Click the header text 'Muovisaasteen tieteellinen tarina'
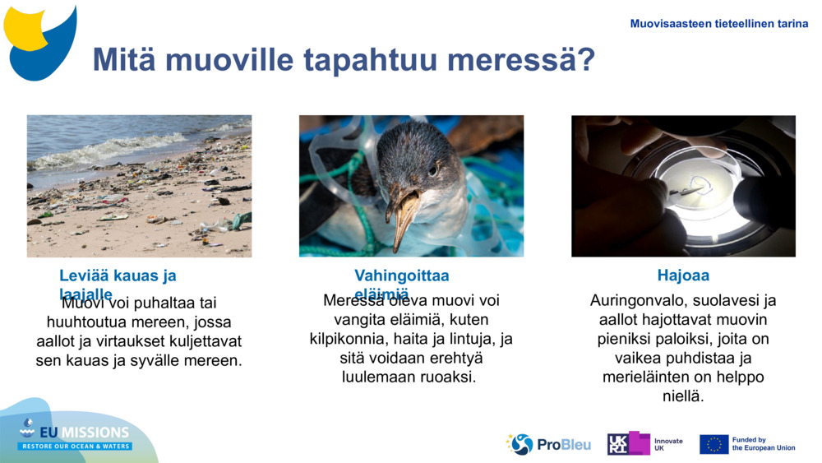coord(718,24)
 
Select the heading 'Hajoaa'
coord(683,275)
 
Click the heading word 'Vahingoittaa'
coord(401,275)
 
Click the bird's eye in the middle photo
coord(432,169)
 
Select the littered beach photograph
coord(139,186)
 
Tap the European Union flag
coord(713,444)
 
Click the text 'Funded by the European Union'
coord(763,444)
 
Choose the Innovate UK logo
coord(645,444)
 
